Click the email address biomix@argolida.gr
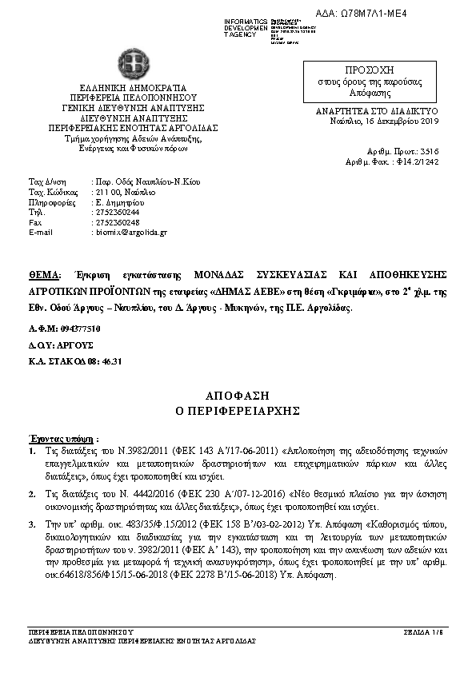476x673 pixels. (130, 233)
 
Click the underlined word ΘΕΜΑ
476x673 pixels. (45, 273)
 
